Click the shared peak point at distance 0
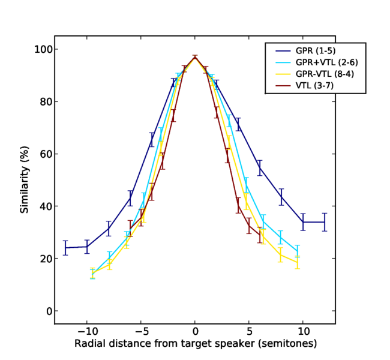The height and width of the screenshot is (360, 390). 195,58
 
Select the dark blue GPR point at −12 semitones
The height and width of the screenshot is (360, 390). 65,248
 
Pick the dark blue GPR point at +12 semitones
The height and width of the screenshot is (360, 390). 325,222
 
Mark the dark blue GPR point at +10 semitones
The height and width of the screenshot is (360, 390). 303,222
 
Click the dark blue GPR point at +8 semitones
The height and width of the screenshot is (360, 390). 281,197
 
